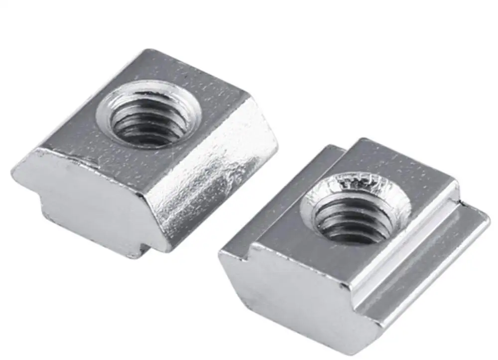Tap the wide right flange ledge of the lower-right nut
pyautogui.click(x=423, y=259)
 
